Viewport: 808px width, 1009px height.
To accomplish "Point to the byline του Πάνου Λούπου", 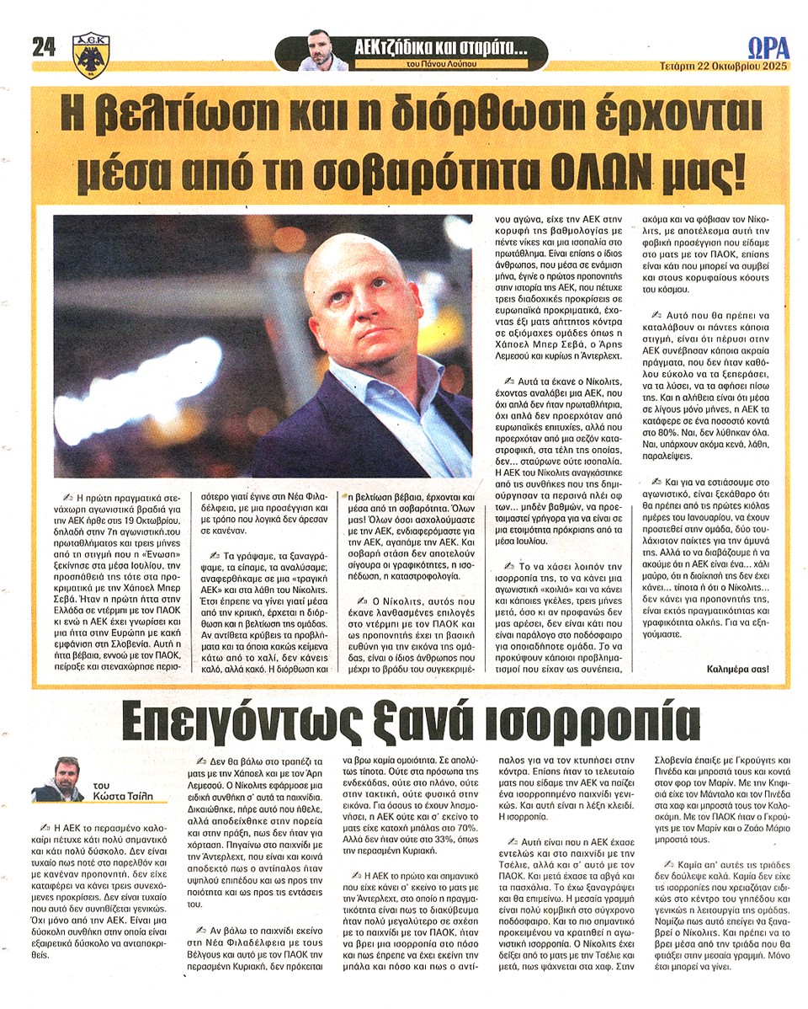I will pyautogui.click(x=428, y=65).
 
